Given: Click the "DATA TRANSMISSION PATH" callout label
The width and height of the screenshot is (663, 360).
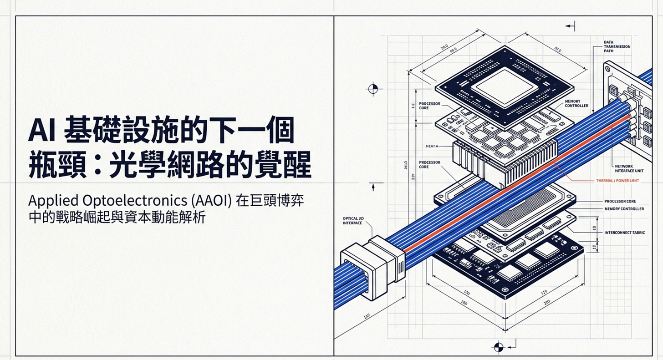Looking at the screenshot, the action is coord(617,46).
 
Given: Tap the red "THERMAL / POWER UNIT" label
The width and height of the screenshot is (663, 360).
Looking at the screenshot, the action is coord(617,181).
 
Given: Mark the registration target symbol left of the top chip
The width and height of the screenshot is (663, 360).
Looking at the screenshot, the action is coord(373,88).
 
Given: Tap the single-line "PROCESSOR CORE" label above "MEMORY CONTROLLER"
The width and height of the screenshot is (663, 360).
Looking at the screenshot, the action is coord(626,201).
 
